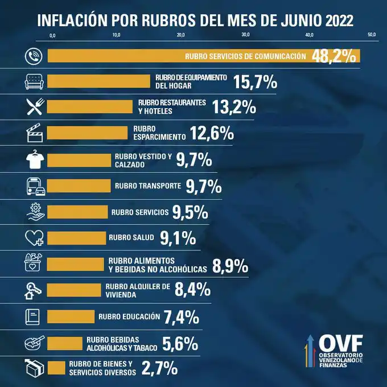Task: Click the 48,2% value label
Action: [x=334, y=56]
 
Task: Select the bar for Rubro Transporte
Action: [x=79, y=186]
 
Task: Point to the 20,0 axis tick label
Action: [x=180, y=35]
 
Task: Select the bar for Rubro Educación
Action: [x=71, y=316]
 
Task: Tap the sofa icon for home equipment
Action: [x=34, y=81]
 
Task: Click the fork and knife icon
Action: [x=34, y=106]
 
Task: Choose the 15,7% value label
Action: [x=255, y=83]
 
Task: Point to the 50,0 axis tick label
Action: [x=372, y=35]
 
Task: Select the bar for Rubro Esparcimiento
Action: [x=88, y=133]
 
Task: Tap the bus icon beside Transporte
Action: [x=34, y=186]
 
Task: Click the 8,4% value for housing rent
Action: [x=193, y=290]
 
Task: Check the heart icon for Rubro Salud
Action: [x=34, y=237]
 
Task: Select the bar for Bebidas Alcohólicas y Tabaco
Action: [x=65, y=343]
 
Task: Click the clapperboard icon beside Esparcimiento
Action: [x=34, y=134]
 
